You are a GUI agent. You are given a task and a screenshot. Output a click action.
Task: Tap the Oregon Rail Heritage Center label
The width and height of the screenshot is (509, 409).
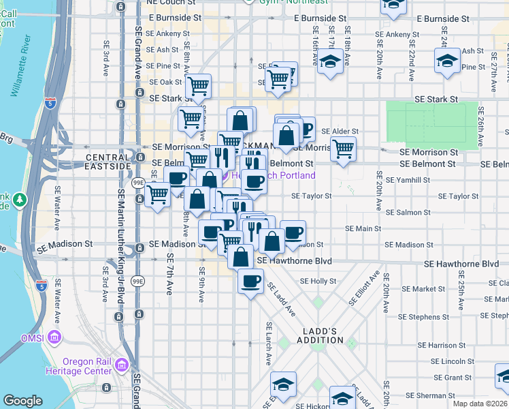(86, 366)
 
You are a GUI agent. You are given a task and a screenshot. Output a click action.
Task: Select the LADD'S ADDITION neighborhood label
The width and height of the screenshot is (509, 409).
(318, 335)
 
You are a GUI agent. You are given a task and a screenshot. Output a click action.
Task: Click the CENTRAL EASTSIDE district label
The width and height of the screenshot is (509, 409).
(108, 162)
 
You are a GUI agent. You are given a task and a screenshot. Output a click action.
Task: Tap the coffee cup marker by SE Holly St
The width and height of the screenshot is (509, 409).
(250, 280)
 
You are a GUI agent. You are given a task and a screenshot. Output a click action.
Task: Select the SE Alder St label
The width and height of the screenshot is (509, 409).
(340, 131)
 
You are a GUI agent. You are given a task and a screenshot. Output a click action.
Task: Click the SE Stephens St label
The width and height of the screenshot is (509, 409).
(420, 316)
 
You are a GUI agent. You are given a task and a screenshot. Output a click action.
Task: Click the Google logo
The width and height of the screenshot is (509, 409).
(22, 402)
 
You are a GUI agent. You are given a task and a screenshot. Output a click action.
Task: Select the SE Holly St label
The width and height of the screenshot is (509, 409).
(318, 281)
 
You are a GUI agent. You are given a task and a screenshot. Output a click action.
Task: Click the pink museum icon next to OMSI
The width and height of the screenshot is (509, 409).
(54, 337)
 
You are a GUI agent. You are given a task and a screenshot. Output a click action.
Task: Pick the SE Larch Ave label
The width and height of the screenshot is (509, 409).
(269, 343)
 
